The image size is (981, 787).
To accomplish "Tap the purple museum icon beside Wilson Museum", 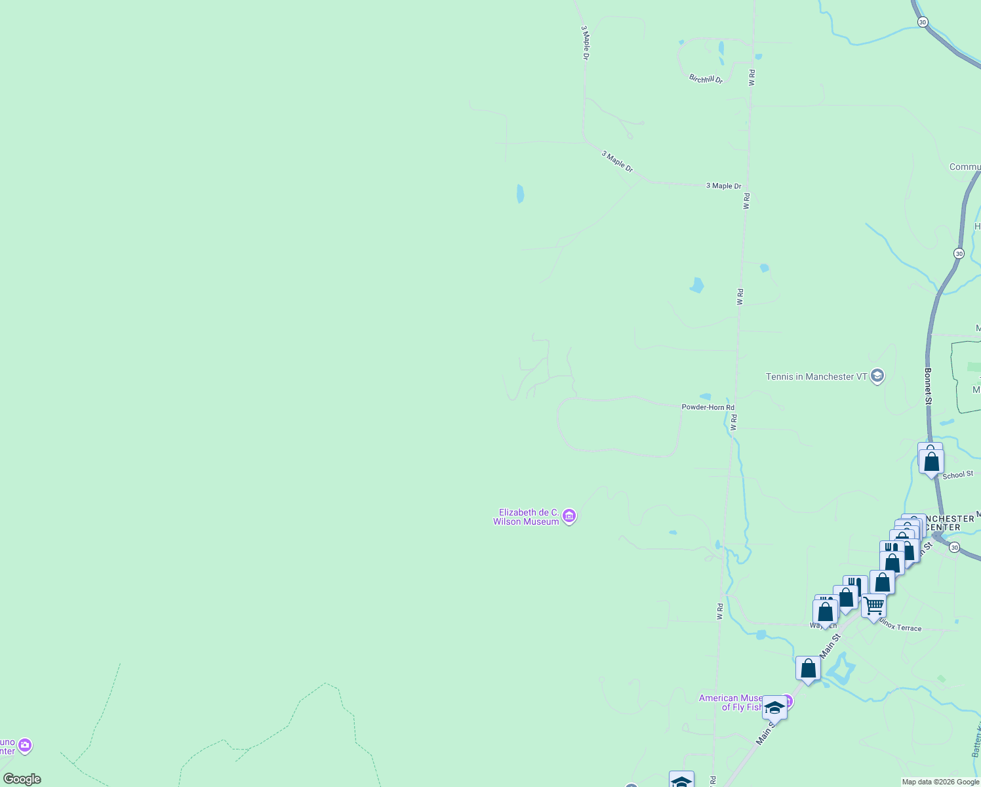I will coord(569,517).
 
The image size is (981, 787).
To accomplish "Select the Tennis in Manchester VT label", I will coord(816,376).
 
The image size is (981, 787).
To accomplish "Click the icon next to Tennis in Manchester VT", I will coord(878,376).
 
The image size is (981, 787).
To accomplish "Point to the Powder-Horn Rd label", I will coord(708,407).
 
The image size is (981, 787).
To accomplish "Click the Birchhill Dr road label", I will coord(706,79).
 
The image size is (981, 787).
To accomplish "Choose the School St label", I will coord(957,475).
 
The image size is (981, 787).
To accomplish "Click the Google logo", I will coord(22,779).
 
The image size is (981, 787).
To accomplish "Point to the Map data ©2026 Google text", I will coord(940,782).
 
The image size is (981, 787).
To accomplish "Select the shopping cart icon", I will coord(873,607).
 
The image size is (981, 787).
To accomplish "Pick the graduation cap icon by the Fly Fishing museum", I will coord(774,708).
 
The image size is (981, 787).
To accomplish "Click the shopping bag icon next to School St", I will coord(931,461).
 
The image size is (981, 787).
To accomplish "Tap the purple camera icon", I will coord(25,746).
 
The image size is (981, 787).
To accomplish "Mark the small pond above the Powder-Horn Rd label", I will coord(706,396).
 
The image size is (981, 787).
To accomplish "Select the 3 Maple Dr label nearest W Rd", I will coord(723,186).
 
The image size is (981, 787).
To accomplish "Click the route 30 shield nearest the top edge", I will coord(923,22).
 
